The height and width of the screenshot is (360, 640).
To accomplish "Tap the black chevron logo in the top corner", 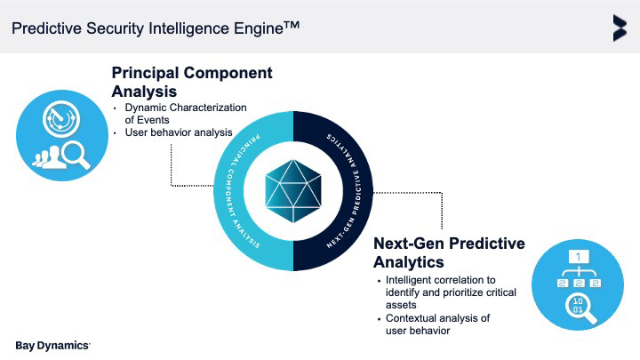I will pos(619,28).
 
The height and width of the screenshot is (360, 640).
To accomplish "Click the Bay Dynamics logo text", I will pos(52,344).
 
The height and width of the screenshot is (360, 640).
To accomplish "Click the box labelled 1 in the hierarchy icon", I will pos(579,257).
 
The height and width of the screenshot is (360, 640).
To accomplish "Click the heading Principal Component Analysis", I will pos(191,81).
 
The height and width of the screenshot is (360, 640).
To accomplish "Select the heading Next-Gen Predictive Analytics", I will pos(448,252).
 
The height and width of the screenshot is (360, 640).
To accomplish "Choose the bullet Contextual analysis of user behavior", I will pos(437,324).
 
